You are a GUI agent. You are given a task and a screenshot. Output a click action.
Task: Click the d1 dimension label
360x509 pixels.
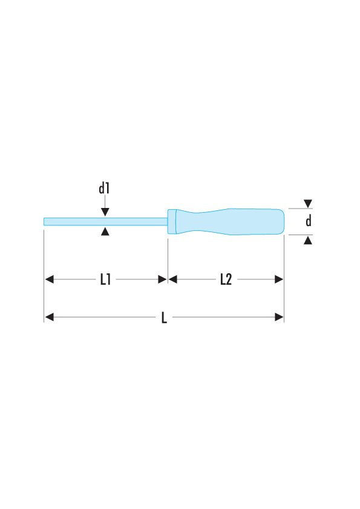pyautogui.click(x=104, y=189)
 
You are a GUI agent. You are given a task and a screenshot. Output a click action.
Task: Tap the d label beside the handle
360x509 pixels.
pyautogui.click(x=308, y=222)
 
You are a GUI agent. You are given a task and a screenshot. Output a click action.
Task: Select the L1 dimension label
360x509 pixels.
pyautogui.click(x=105, y=280)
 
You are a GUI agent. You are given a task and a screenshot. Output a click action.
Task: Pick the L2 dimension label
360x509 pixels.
pyautogui.click(x=226, y=280)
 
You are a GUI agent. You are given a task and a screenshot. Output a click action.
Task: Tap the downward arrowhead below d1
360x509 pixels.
pyautogui.click(x=105, y=212)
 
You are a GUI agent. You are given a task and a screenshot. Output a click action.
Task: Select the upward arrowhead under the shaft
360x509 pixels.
pyautogui.click(x=105, y=232)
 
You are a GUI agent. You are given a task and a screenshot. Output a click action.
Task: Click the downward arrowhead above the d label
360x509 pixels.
pyautogui.click(x=308, y=204)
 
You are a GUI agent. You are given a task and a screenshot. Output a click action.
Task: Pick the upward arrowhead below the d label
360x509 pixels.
pyautogui.click(x=308, y=241)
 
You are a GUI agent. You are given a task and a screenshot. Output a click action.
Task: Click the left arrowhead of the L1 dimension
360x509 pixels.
pyautogui.click(x=50, y=279)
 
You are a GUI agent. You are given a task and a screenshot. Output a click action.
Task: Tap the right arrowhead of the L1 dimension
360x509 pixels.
pyautogui.click(x=162, y=279)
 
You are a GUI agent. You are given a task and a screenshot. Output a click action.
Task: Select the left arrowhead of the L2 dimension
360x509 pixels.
pyautogui.click(x=172, y=279)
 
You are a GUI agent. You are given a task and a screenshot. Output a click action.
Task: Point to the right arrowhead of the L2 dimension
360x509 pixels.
pyautogui.click(x=279, y=279)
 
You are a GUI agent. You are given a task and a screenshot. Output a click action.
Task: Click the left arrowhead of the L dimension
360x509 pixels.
pyautogui.click(x=50, y=317)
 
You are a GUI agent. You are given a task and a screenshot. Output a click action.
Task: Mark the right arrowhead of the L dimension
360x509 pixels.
pyautogui.click(x=279, y=317)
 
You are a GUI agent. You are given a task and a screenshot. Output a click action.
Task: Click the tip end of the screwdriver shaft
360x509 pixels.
pyautogui.click(x=45, y=222)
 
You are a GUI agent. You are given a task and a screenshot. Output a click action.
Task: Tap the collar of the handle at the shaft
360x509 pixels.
pyautogui.click(x=172, y=222)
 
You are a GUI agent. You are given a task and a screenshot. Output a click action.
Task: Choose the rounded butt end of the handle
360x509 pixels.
pyautogui.click(x=281, y=222)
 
